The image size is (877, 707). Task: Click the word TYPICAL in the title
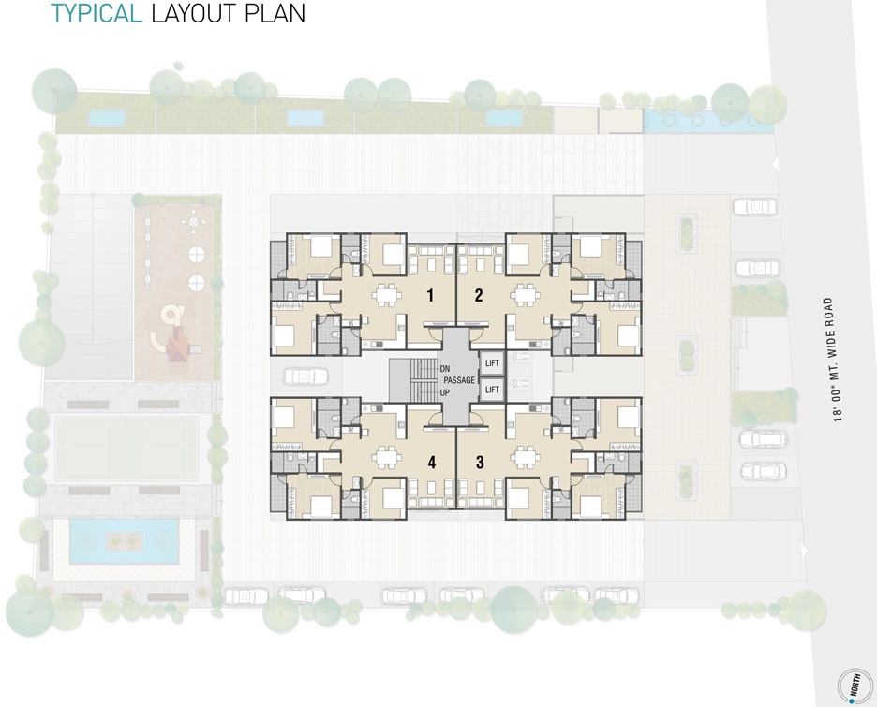tap(97, 13)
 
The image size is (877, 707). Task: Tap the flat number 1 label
tap(429, 295)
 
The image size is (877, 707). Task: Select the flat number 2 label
tap(478, 295)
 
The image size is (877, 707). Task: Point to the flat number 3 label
tap(480, 463)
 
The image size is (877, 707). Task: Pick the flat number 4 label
tap(431, 463)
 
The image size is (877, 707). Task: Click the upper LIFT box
tap(492, 363)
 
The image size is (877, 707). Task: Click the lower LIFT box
tap(492, 390)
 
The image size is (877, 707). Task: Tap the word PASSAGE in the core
tap(459, 380)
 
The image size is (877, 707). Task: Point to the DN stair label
tap(445, 369)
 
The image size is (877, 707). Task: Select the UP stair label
tap(445, 392)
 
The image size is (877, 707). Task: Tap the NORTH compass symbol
tap(855, 685)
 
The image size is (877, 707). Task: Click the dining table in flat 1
tap(386, 294)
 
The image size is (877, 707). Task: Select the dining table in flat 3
tap(524, 457)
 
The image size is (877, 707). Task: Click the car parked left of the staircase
tap(306, 376)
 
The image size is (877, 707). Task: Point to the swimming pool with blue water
tap(124, 541)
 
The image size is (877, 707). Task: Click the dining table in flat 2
tap(525, 294)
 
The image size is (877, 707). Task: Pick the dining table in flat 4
tap(386, 457)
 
